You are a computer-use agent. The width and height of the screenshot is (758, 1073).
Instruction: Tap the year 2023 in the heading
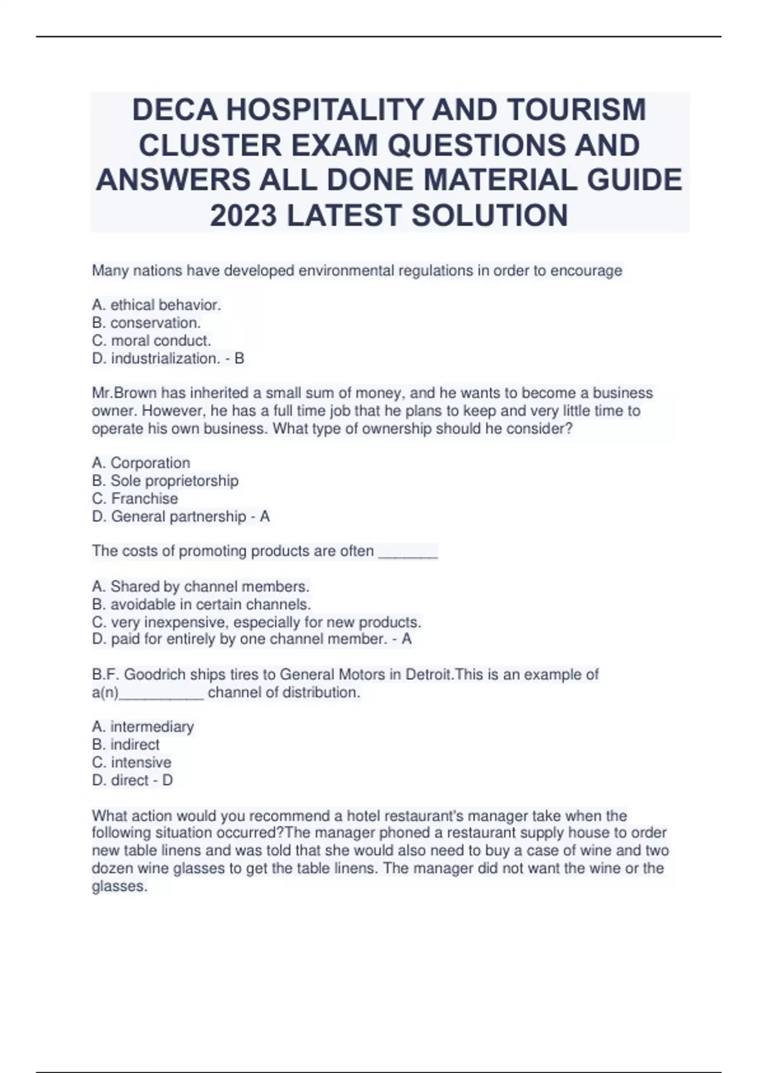point(243,215)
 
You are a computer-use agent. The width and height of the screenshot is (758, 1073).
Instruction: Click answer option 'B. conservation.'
point(146,323)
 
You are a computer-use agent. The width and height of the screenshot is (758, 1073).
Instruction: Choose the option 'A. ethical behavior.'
point(156,305)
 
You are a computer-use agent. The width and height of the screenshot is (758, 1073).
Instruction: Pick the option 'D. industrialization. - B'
point(167,359)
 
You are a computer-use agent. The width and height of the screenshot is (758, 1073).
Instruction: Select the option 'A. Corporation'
point(141,463)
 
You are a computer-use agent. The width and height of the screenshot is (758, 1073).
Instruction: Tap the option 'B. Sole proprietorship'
point(165,480)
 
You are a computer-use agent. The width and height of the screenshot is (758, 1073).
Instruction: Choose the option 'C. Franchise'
point(135,498)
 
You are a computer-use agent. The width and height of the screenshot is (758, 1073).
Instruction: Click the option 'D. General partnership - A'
point(181,516)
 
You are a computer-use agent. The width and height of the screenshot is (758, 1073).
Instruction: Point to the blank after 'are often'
point(407,552)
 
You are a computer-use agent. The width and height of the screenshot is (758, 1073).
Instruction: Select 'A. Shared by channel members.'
point(200,586)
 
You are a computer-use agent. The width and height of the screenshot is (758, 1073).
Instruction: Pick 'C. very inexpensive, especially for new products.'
point(256,622)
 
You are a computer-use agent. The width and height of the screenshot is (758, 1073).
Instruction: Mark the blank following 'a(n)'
point(161,694)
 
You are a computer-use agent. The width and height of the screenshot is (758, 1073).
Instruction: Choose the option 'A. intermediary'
point(143,726)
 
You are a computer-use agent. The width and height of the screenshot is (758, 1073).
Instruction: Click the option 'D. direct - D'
point(132,780)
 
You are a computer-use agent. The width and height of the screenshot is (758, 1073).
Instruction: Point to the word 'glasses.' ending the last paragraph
point(119,886)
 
